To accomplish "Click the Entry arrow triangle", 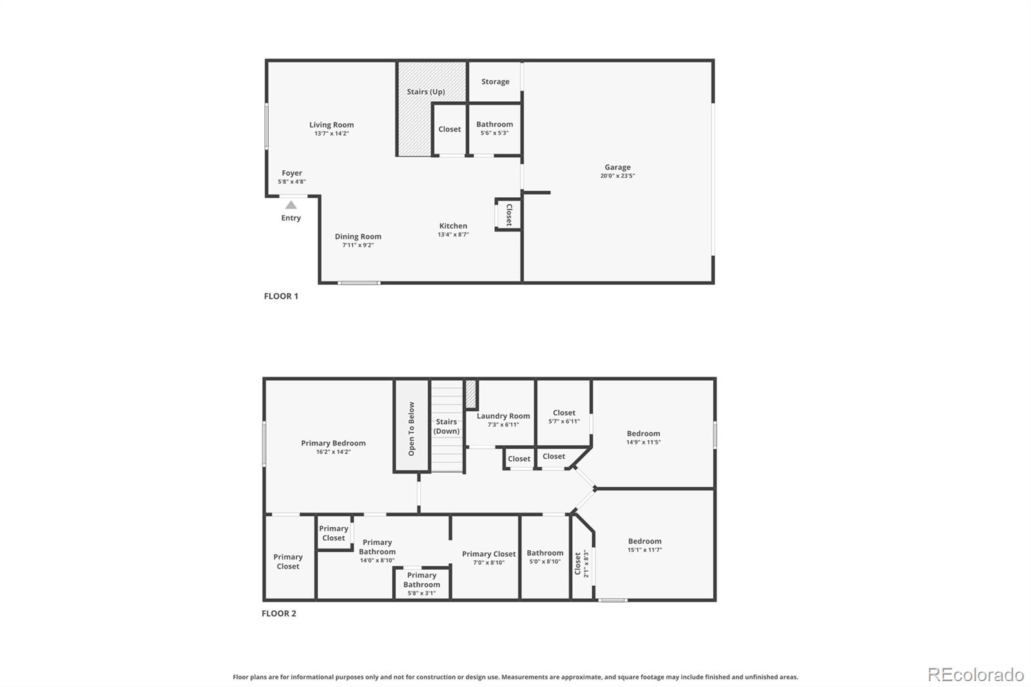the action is point(291,205).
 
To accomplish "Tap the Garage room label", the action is point(618,167).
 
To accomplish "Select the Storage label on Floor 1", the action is point(496,81).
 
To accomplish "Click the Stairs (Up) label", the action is point(426,92).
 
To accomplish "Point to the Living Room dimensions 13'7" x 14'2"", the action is point(331,133).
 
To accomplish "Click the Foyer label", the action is point(292,173).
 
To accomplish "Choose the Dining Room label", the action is point(358,237).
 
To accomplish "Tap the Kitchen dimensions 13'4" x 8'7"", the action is point(454,235).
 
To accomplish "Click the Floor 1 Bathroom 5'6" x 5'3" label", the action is point(495,128).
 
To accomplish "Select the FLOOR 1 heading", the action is point(281,296).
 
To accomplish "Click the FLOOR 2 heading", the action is point(279,614).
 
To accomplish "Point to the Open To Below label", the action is point(412,429).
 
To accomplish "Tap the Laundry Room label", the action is point(503,416).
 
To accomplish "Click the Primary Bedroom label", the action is point(333,443).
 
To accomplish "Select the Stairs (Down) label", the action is point(447,427).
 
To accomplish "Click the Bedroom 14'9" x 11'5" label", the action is point(644,438).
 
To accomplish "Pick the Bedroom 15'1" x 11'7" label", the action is point(644,545).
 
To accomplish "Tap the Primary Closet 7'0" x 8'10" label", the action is point(489,558).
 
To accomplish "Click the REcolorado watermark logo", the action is point(976,675).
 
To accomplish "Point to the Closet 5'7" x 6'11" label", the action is point(564,417).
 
